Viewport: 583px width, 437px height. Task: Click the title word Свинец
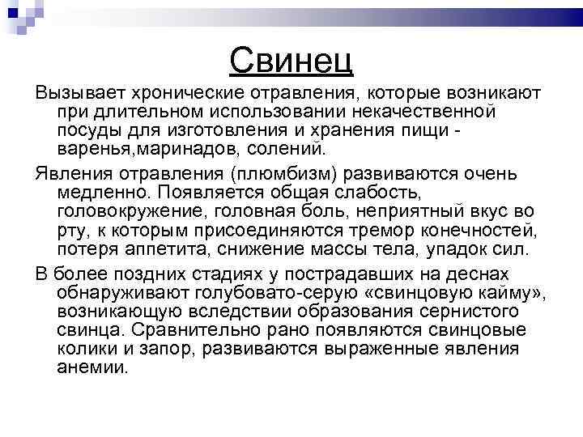pyautogui.click(x=291, y=58)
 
